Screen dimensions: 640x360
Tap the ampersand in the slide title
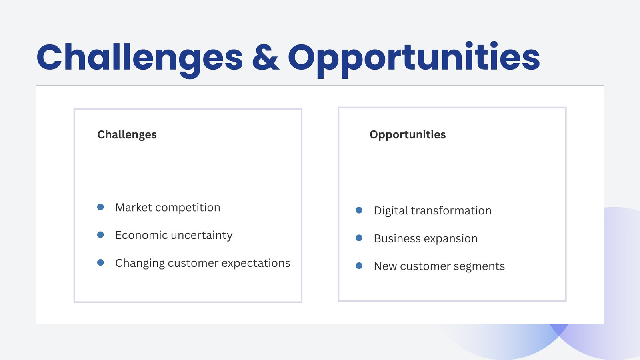coord(266,57)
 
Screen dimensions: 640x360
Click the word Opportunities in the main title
coord(414,60)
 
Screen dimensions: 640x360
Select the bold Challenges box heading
coord(127,135)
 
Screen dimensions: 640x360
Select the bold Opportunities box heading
coord(408,135)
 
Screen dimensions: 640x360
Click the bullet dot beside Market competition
coord(100,207)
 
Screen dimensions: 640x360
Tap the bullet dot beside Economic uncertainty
coord(100,234)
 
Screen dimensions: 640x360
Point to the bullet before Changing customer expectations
coord(100,262)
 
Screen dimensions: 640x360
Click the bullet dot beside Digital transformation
coord(359,210)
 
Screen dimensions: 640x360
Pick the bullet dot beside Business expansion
coord(359,238)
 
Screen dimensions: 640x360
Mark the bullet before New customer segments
coord(359,266)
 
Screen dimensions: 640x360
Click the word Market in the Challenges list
coord(134,208)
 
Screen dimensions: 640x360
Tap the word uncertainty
coord(202,236)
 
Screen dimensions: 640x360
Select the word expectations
coord(256,264)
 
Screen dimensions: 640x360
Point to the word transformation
coord(451,210)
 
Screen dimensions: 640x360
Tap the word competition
coord(188,208)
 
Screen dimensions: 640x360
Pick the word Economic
coord(142,235)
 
